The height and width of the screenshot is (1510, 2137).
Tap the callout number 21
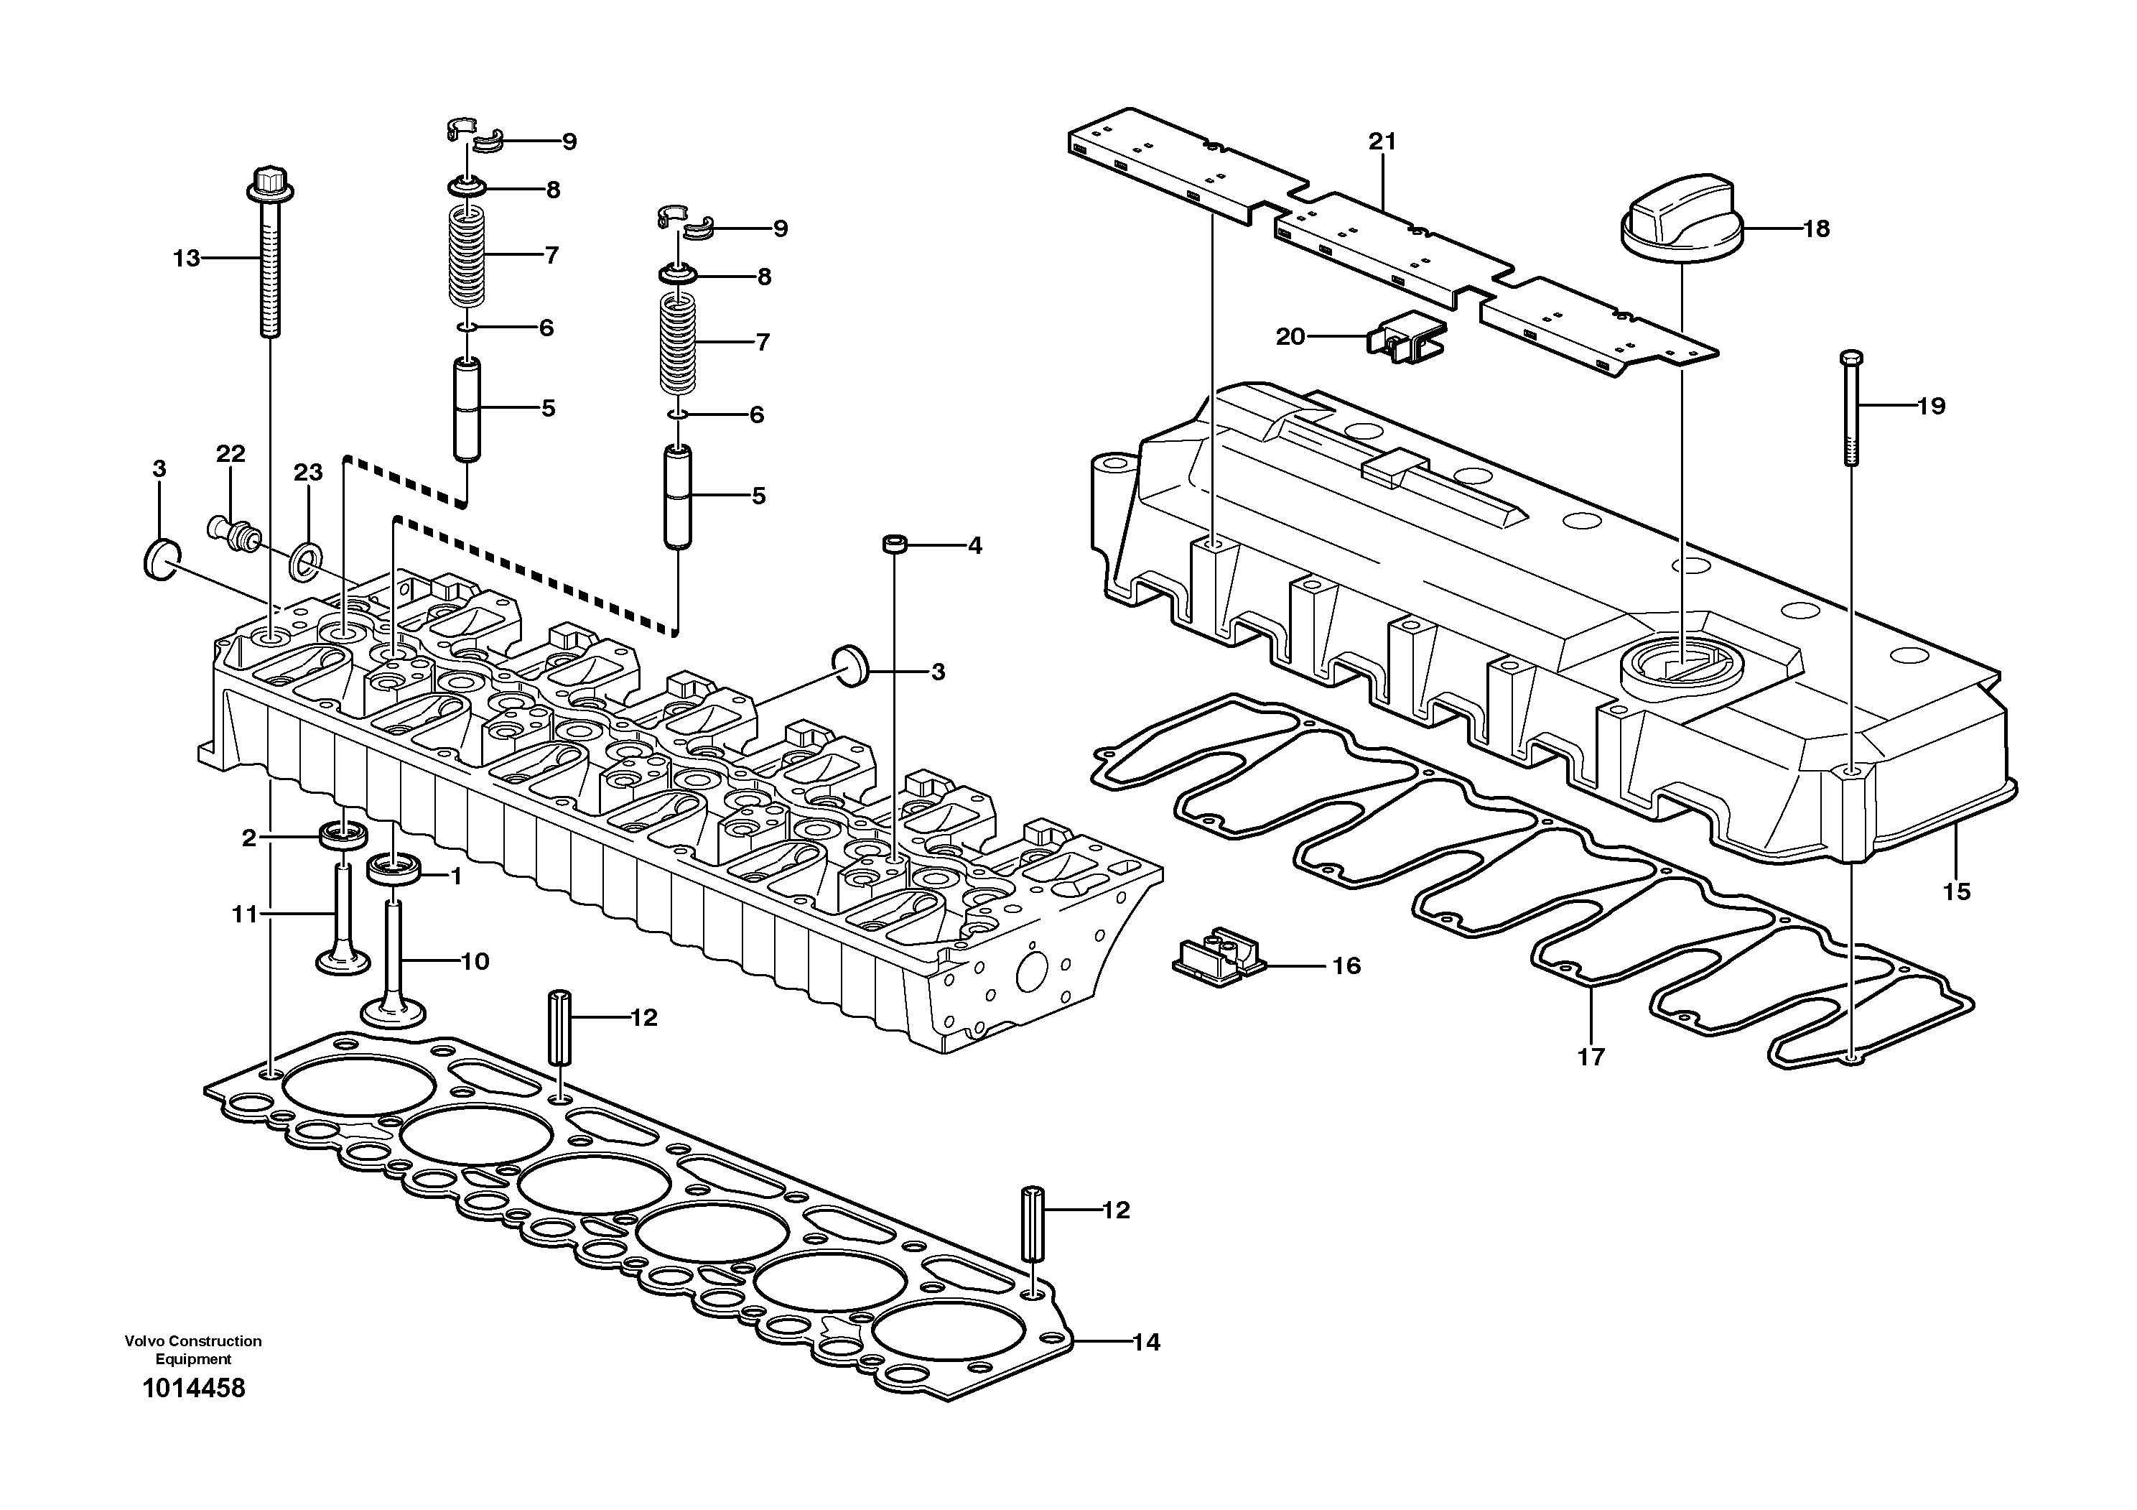click(1382, 142)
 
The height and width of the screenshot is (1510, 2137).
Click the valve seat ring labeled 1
click(395, 871)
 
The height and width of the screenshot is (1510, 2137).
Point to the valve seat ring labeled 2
click(343, 834)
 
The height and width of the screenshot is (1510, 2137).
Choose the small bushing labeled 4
click(895, 543)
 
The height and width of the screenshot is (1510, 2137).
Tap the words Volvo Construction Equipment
click(194, 1349)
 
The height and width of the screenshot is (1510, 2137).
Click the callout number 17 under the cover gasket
click(1591, 1057)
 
